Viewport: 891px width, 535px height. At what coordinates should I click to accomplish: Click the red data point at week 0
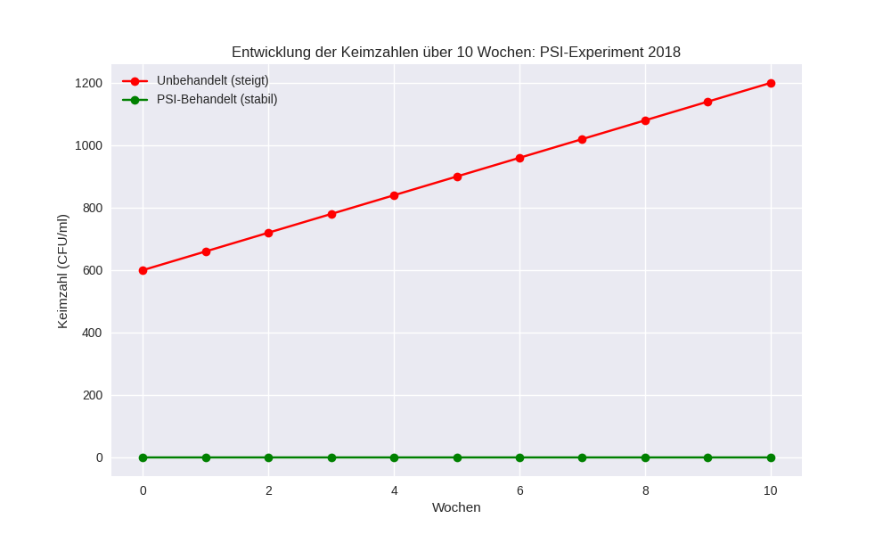pos(143,270)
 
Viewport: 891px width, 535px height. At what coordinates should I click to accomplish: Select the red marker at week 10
pos(771,83)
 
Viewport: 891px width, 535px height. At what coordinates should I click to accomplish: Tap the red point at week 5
pos(457,177)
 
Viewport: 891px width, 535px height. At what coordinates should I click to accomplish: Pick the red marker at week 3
pos(331,214)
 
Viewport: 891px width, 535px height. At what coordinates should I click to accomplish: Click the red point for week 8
pos(645,120)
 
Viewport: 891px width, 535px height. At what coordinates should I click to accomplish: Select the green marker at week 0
pos(143,457)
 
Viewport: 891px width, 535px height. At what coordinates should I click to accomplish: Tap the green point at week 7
pos(582,457)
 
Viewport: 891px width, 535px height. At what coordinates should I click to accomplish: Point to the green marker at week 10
pos(771,457)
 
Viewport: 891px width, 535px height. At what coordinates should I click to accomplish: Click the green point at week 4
pos(394,457)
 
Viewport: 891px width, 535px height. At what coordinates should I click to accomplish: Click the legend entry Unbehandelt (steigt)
pos(212,80)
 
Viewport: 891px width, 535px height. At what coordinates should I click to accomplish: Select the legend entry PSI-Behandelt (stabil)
pos(217,99)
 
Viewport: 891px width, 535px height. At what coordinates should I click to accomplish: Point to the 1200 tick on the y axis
pos(88,83)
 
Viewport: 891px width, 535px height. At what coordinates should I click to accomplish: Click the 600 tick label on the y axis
pos(92,270)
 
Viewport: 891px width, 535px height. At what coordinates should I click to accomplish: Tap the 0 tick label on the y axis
pos(100,457)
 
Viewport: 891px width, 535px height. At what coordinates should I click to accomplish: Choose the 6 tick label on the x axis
pos(519,490)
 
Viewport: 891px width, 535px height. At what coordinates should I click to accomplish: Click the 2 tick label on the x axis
pos(268,490)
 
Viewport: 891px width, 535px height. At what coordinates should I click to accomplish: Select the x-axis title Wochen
pos(456,507)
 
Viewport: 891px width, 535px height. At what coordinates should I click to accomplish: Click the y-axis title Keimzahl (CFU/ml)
pos(62,271)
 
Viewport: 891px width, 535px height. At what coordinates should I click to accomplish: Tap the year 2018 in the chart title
pos(664,52)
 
